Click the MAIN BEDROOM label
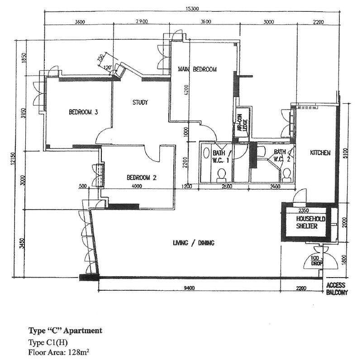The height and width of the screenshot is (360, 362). (197, 69)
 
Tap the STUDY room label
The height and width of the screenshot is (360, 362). (140, 102)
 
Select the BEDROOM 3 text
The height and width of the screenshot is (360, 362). (84, 112)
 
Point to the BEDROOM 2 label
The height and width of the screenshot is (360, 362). (142, 178)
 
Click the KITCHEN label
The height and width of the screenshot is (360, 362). (320, 153)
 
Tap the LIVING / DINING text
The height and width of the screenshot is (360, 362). (193, 243)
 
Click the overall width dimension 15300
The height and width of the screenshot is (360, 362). (194, 8)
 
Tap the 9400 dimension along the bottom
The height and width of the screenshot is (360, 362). (190, 287)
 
